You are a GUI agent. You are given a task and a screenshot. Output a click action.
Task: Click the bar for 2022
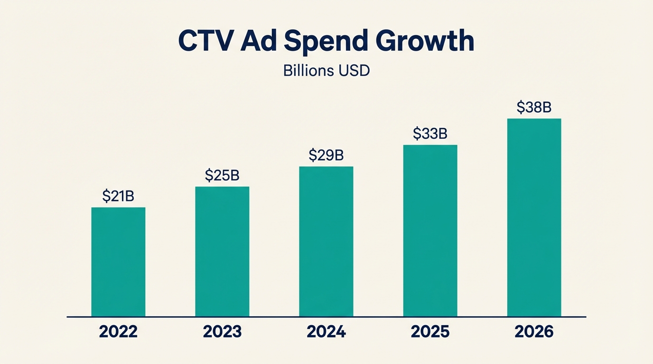118,262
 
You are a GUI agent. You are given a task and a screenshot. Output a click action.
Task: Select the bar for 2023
222,251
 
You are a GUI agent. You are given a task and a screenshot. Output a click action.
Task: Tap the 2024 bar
326,241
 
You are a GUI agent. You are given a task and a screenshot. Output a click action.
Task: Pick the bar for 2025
430,230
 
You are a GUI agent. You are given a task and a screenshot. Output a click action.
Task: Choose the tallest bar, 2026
534,217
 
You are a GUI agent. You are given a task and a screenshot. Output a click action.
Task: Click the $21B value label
118,196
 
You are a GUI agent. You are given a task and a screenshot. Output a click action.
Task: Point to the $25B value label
222,175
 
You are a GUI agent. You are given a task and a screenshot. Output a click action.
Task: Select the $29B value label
326,155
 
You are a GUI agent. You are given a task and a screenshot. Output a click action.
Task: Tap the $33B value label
430,134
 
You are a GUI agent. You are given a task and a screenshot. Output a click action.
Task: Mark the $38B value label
534,108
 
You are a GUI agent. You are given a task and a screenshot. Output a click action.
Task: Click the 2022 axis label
118,332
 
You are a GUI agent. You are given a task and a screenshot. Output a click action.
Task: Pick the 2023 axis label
222,332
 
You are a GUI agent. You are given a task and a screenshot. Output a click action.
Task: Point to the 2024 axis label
326,332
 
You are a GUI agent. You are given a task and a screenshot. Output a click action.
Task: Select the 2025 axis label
430,332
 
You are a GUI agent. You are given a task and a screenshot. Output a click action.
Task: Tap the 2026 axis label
534,332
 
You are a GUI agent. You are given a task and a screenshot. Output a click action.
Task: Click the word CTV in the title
206,41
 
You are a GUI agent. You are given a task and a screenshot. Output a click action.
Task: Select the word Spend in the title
326,41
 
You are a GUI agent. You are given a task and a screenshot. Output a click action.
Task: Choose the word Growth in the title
425,41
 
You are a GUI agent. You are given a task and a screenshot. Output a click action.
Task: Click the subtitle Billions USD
326,71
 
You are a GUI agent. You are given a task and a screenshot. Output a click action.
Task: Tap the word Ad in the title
257,41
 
